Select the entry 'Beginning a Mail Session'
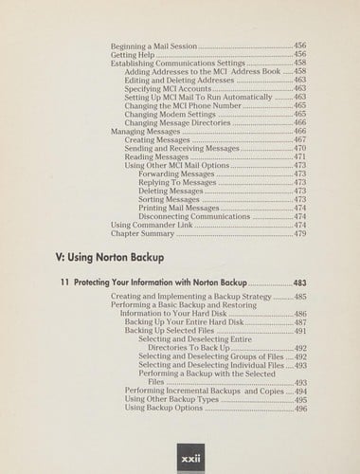tap(152, 46)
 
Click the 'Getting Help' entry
tap(134, 54)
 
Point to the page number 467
tap(298, 139)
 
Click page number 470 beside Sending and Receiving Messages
tap(298, 148)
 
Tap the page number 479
tap(298, 233)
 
